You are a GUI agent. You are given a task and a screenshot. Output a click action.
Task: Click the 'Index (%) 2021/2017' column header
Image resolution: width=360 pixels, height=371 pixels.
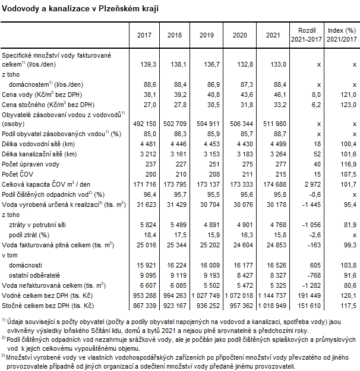pyautogui.click(x=343, y=34)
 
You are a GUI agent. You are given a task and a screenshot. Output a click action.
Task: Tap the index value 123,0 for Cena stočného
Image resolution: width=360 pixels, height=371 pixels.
pyautogui.click(x=348, y=105)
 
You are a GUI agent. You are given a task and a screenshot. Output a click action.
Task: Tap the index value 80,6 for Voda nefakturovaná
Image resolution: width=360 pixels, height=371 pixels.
pyautogui.click(x=348, y=285)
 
